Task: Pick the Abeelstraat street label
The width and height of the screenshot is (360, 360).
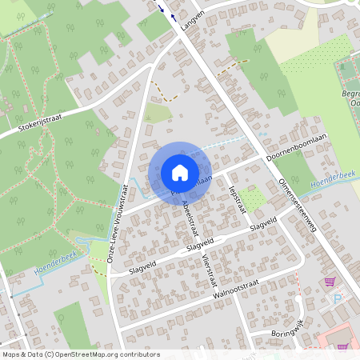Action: [x=190, y=216]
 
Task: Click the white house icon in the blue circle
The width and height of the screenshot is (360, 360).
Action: [x=180, y=173]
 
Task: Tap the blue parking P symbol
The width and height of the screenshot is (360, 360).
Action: [x=336, y=298]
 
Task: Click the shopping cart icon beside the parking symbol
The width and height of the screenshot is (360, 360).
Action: [x=329, y=282]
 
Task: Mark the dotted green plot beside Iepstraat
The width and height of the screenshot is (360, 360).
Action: [x=254, y=199]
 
